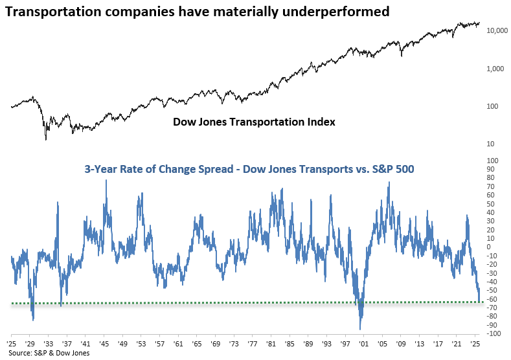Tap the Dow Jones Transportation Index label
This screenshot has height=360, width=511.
[x=254, y=122]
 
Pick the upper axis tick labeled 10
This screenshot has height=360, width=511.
[x=492, y=144]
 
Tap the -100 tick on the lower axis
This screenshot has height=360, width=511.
[x=493, y=333]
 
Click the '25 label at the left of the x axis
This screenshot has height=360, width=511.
[x=11, y=343]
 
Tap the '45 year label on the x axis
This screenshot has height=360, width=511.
[x=104, y=343]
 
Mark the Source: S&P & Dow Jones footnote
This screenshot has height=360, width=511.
[x=49, y=353]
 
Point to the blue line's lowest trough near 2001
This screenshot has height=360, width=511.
[x=360, y=328]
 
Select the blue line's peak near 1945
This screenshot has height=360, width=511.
[x=106, y=181]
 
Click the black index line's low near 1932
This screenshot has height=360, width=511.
[x=45, y=139]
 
